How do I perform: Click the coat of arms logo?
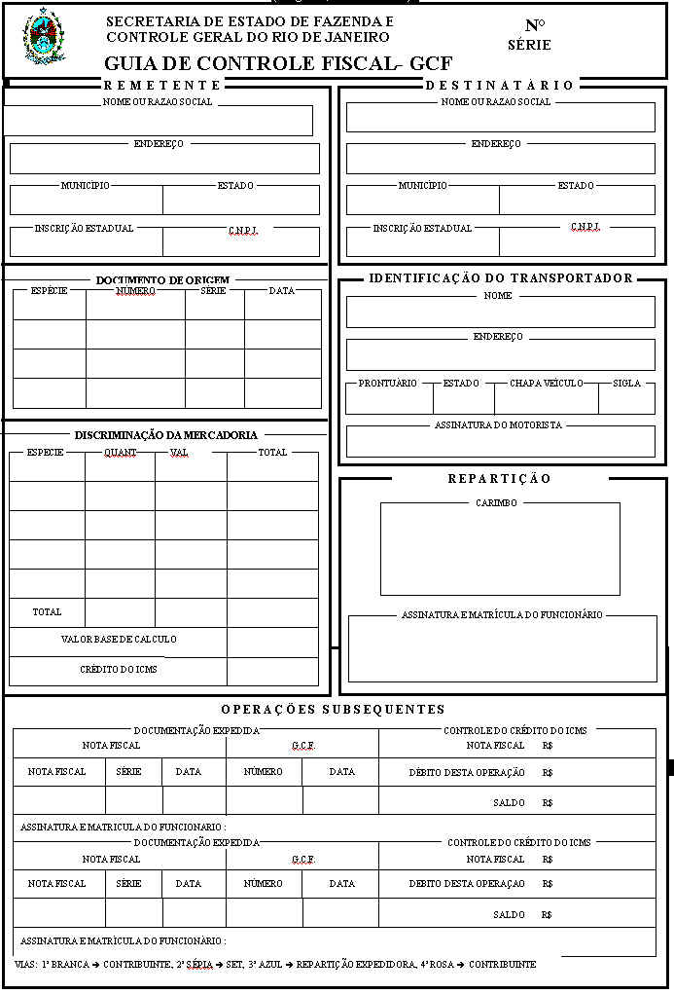pos(42,37)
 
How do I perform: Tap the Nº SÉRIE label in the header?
pos(529,35)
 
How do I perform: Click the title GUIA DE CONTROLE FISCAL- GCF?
pos(278,64)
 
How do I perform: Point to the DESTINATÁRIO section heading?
pos(500,85)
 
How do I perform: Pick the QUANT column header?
pos(121,453)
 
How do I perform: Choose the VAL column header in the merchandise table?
pos(179,453)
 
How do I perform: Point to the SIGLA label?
pos(627,384)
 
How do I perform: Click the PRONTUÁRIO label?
pos(388,384)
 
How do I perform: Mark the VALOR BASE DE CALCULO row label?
pos(119,640)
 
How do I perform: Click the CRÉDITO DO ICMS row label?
pos(119,670)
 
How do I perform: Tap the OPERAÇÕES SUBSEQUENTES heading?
pos(333,709)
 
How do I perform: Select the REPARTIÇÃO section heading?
pos(500,478)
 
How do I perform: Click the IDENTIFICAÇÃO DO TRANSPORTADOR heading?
pos(500,278)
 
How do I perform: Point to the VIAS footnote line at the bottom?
pos(275,964)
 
